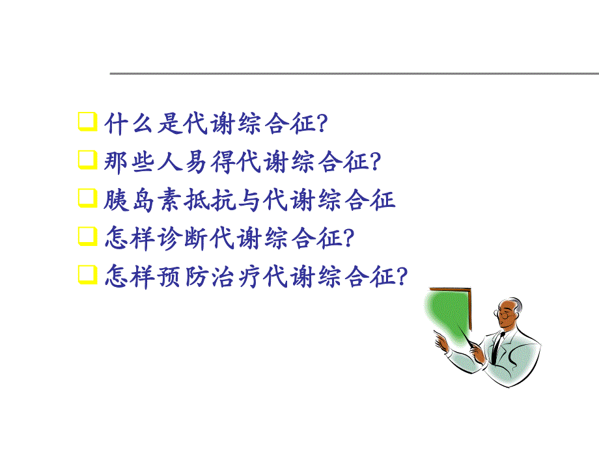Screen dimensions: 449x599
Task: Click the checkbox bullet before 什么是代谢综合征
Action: (x=85, y=122)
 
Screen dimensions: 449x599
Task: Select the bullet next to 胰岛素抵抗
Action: (x=85, y=198)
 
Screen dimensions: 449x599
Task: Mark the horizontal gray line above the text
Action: (x=352, y=74)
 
